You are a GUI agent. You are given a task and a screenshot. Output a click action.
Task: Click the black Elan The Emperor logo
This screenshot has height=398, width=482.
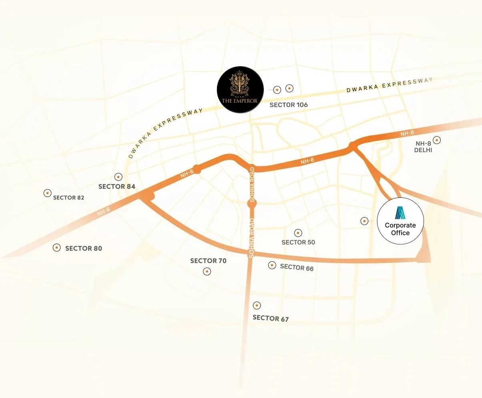(240, 89)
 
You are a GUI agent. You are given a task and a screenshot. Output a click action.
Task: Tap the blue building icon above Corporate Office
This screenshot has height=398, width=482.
(400, 213)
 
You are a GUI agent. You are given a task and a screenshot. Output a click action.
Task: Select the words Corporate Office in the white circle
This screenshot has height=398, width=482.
(400, 229)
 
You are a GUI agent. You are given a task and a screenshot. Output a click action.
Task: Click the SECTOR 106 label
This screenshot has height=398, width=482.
(289, 105)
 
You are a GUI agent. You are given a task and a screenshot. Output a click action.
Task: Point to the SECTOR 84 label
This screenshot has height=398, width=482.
(117, 187)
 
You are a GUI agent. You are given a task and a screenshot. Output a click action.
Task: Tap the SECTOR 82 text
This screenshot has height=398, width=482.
(68, 197)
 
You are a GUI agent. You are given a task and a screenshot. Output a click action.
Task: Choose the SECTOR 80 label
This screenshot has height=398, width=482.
(84, 248)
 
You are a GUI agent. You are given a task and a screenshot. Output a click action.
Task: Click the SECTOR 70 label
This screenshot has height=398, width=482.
(208, 261)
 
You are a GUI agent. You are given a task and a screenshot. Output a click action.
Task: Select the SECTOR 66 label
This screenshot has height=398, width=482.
(297, 267)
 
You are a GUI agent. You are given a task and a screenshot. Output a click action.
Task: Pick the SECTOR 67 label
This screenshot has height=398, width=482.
(271, 318)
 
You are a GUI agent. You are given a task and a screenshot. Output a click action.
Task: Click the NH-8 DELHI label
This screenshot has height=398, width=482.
(424, 147)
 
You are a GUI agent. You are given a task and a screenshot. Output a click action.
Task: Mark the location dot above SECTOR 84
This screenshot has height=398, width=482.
(118, 177)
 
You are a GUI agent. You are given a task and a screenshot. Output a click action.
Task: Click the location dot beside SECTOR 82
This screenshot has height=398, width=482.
(47, 193)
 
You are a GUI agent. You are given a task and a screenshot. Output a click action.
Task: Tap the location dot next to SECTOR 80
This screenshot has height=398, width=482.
(57, 248)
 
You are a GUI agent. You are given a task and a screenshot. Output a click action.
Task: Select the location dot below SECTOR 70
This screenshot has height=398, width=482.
(207, 272)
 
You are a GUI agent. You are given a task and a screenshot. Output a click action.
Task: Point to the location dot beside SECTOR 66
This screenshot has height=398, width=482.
(272, 265)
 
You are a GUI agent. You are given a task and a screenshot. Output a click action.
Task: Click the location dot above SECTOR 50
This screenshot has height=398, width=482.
(298, 233)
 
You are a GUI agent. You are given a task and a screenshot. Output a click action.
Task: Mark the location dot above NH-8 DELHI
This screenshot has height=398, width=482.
(437, 140)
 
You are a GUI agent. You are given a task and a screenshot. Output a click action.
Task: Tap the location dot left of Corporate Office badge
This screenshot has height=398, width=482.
(364, 221)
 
